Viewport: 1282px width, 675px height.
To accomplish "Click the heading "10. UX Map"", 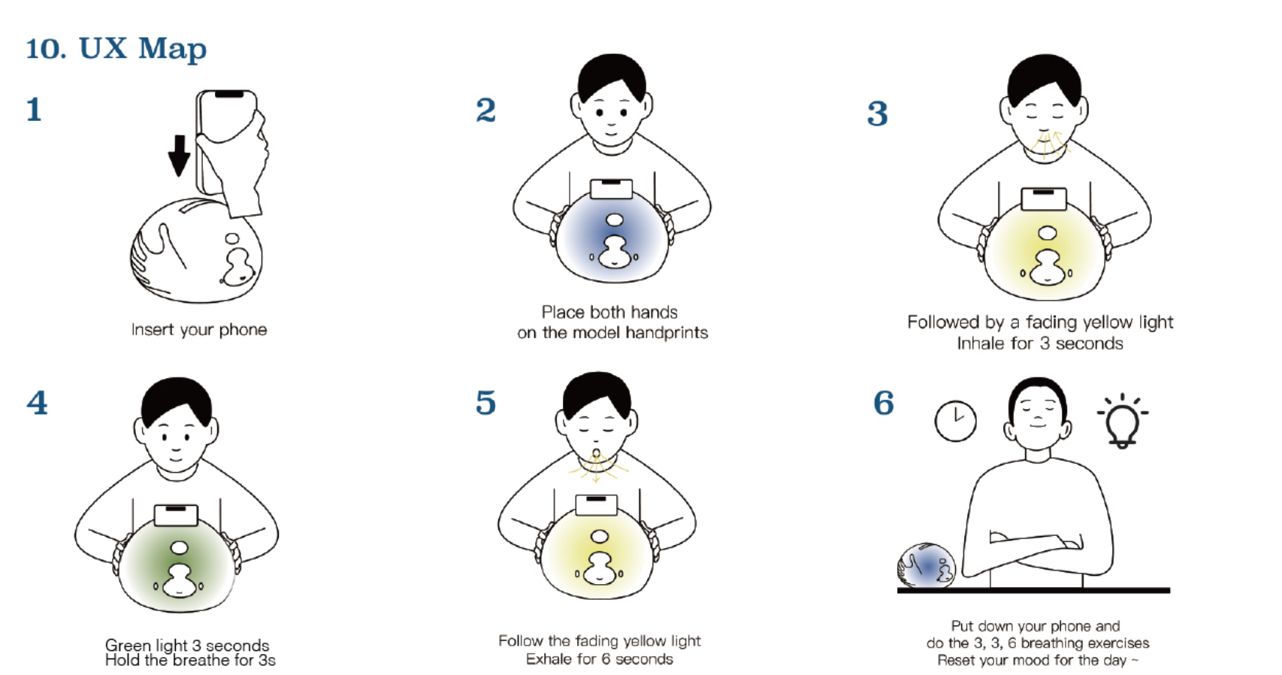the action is pos(116,49).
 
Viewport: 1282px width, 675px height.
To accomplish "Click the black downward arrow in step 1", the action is pos(179,155).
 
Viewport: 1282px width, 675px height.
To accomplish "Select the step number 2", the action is pos(486,110).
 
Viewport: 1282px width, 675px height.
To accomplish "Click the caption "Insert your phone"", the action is pos(199,330).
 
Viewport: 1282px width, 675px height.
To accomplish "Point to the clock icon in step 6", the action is pos(955,421).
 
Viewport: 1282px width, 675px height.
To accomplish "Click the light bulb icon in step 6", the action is pos(1123,421).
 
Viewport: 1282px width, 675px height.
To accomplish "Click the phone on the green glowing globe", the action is pos(176,515).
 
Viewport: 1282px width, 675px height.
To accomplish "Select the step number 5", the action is pos(485,402).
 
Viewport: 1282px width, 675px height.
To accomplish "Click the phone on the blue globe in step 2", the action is pos(611,189).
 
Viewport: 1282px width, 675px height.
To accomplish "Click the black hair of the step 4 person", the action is pos(177,401).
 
